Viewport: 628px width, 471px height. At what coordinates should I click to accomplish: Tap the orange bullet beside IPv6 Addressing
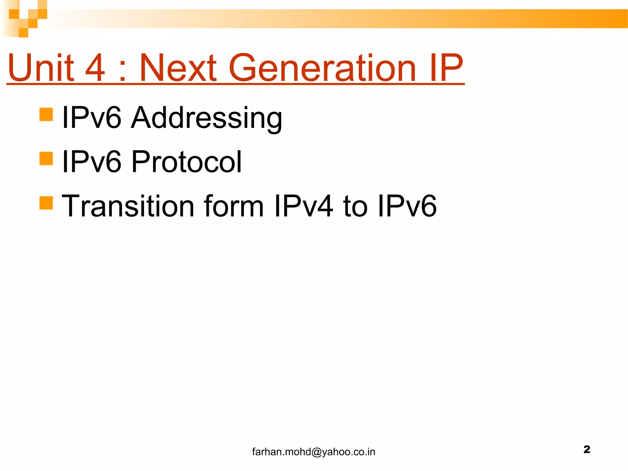pos(46,114)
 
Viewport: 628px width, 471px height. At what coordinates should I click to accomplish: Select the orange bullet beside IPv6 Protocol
pos(46,158)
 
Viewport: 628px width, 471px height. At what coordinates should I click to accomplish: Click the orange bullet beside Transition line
pos(46,203)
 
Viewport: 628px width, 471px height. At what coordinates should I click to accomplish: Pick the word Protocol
pos(186,162)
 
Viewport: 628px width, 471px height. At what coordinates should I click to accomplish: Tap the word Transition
pos(128,206)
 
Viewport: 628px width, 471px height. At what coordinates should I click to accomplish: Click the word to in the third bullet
pos(355,206)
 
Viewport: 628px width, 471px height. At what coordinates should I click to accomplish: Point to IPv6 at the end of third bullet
pos(407,206)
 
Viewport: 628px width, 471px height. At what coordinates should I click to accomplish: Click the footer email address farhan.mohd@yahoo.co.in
pos(313,452)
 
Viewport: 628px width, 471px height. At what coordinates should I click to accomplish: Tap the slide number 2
pos(587,449)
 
